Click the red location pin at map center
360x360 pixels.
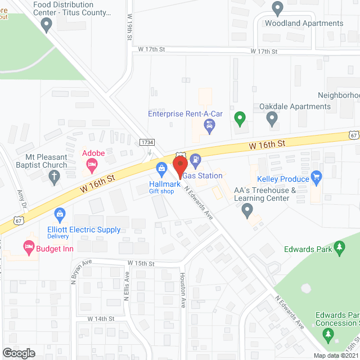pyautogui.click(x=180, y=167)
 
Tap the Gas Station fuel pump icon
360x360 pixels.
pyautogui.click(x=195, y=159)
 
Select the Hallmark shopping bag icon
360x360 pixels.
pyautogui.click(x=161, y=168)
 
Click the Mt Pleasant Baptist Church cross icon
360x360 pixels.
pyautogui.click(x=55, y=178)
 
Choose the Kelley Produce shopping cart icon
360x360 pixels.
pyautogui.click(x=316, y=178)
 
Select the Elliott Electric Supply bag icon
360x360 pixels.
pyautogui.click(x=59, y=214)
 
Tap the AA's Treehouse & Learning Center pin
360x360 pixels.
pyautogui.click(x=247, y=211)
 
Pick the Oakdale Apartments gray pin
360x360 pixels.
pyautogui.click(x=272, y=119)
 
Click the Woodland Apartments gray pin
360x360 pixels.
pyautogui.click(x=277, y=8)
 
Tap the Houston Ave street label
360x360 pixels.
pyautogui.click(x=183, y=290)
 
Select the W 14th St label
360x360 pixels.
pyautogui.click(x=101, y=318)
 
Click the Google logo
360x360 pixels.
pyautogui.click(x=19, y=353)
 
